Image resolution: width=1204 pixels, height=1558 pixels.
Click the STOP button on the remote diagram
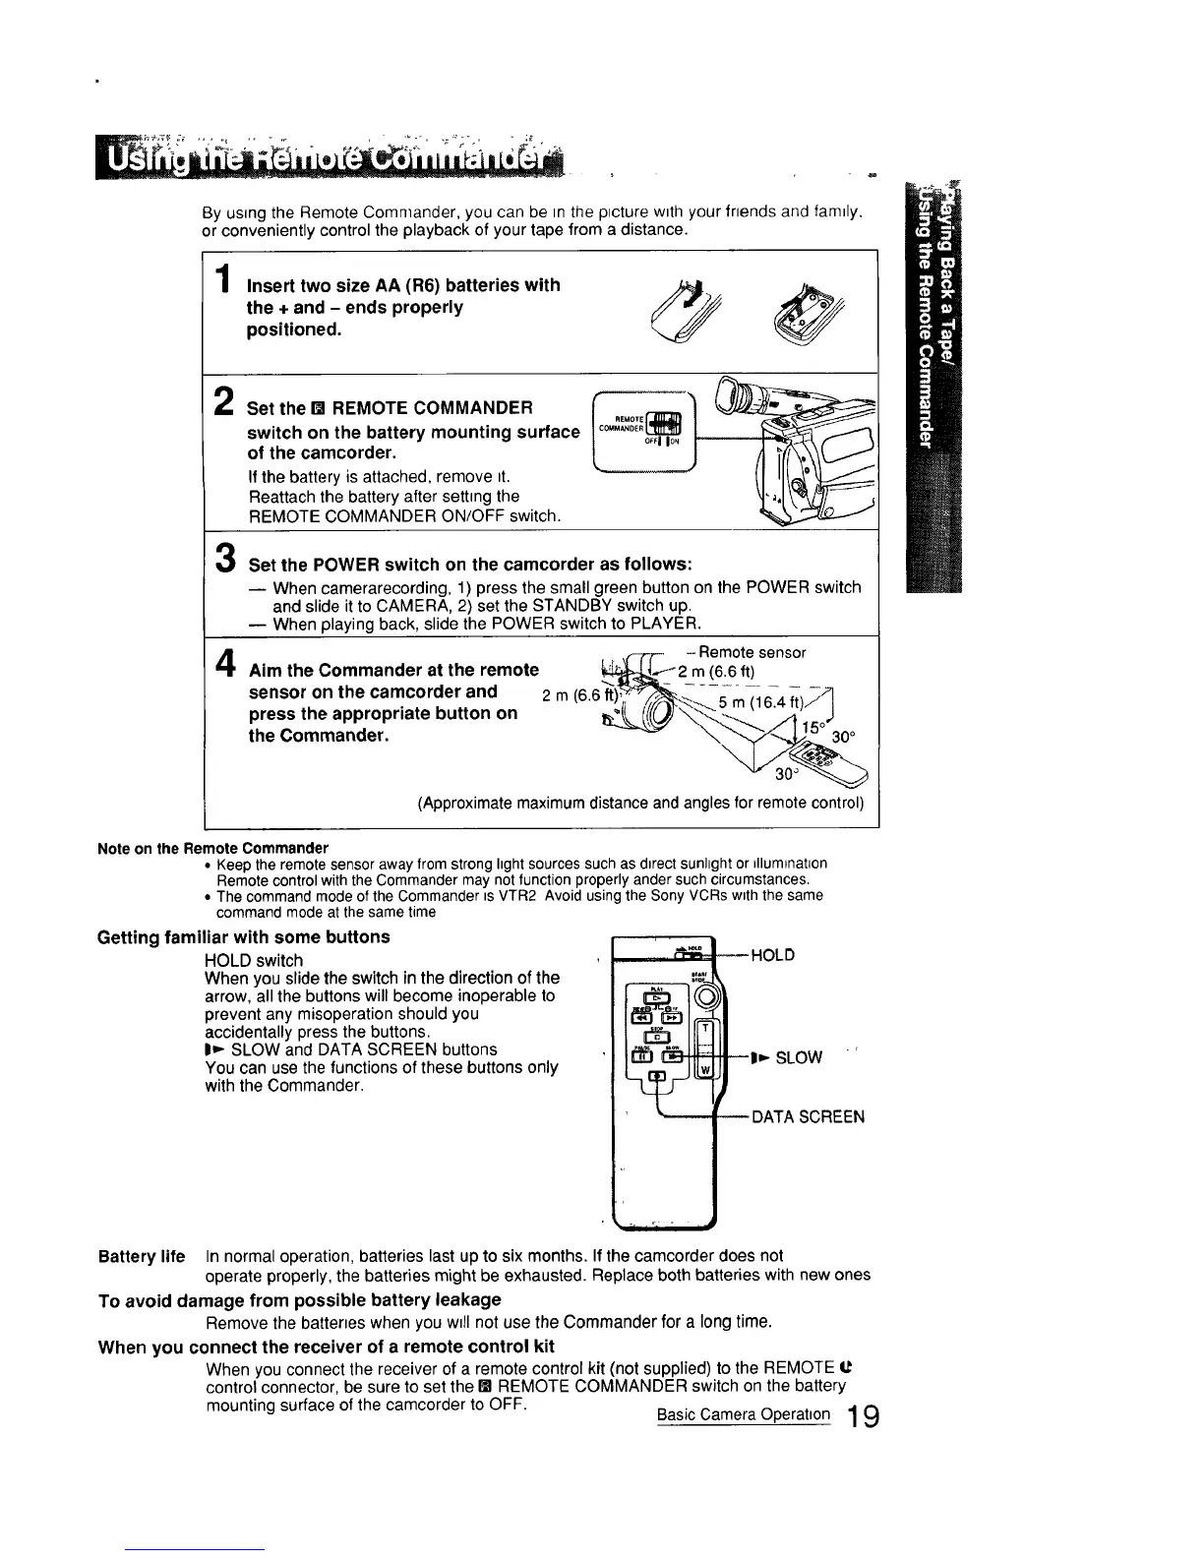point(657,1038)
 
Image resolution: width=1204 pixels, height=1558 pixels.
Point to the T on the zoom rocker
point(704,1030)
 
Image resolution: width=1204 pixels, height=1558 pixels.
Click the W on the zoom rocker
point(704,1071)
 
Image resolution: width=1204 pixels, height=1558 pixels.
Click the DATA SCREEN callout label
point(808,1116)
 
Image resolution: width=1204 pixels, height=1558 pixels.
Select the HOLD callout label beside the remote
point(772,955)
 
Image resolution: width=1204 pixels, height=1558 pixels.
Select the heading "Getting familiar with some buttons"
point(244,936)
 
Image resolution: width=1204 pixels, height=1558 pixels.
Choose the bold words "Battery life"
point(142,1256)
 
